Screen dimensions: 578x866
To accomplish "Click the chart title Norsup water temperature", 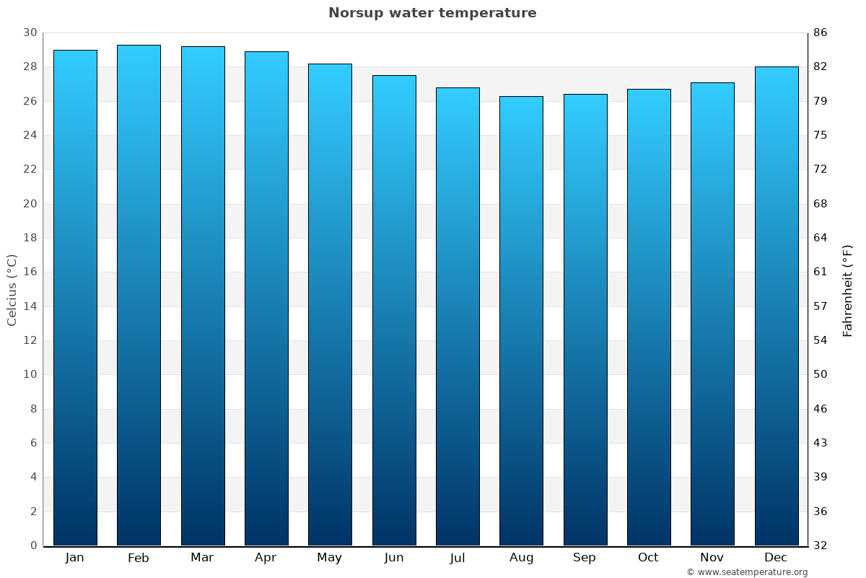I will click(x=432, y=13).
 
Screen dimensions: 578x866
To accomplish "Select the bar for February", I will click(x=139, y=296).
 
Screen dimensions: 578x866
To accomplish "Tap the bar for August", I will click(x=521, y=321).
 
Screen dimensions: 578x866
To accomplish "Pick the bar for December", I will click(x=776, y=306).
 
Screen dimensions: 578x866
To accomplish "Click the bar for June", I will click(x=394, y=311).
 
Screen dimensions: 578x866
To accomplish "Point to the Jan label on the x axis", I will click(x=74, y=558).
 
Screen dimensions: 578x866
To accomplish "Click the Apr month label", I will click(x=266, y=558).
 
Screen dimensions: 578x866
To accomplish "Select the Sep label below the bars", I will click(x=585, y=558).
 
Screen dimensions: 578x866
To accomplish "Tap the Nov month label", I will click(x=712, y=558).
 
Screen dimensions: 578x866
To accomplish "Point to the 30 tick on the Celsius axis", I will click(x=30, y=33).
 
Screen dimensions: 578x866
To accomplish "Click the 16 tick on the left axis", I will click(x=30, y=272).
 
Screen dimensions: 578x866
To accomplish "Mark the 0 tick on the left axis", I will click(x=33, y=545).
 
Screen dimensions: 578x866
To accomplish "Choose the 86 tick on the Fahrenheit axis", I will click(x=821, y=33).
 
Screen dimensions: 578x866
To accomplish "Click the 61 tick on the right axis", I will click(x=821, y=272).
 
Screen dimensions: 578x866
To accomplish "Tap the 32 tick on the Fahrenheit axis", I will click(x=821, y=545).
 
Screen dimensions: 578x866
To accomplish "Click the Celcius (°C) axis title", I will click(x=12, y=290).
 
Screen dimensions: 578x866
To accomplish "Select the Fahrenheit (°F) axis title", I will click(x=848, y=290).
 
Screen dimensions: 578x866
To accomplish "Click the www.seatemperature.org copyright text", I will click(x=747, y=572).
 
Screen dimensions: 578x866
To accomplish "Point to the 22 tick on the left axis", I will click(x=30, y=169).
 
